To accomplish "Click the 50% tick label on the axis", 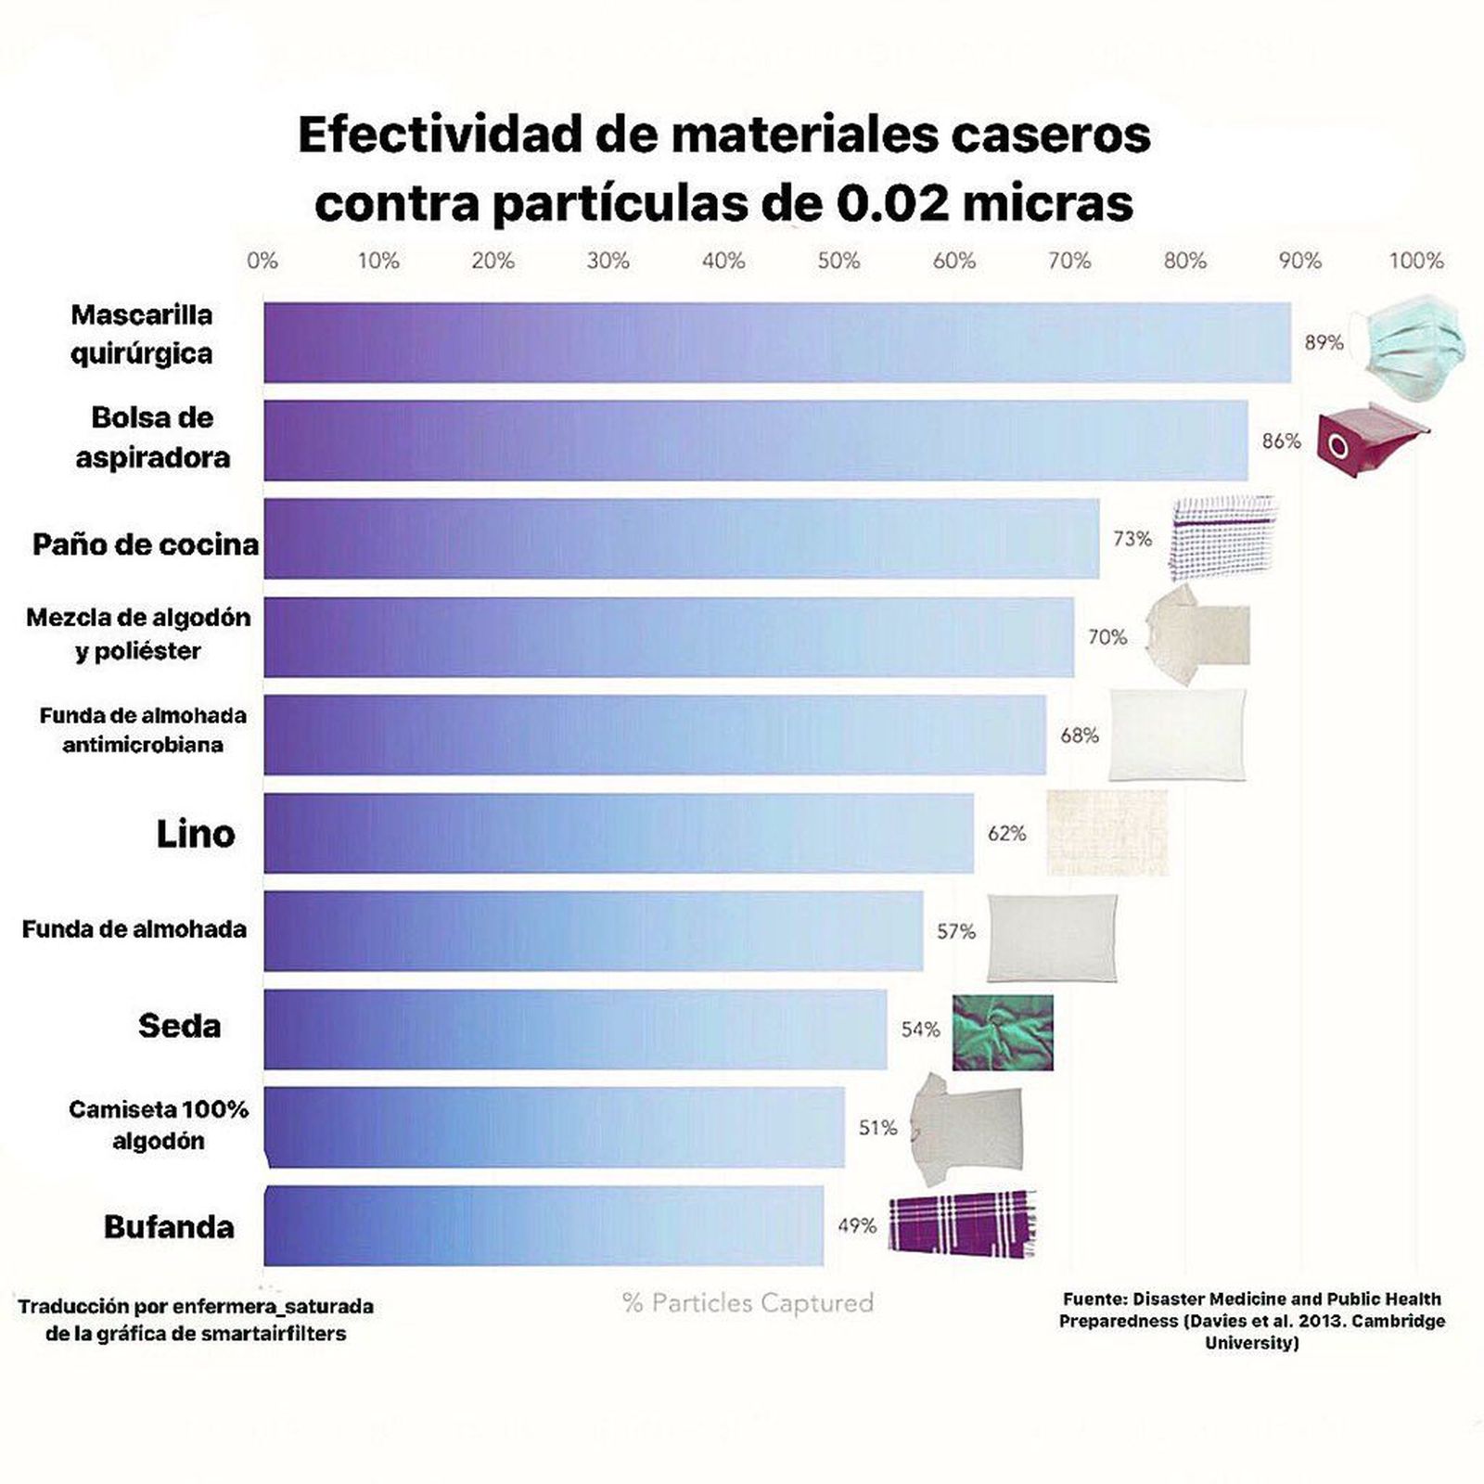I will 838,262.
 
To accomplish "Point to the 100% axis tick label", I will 1415,262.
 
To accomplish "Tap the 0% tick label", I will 262,262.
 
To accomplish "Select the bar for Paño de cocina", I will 682,539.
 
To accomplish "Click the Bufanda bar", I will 544,1225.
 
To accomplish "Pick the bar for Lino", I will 619,833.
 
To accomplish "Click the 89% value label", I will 1324,342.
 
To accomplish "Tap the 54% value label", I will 920,1030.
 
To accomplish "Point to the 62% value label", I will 1006,833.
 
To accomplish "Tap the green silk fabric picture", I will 1003,1032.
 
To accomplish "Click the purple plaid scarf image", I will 962,1224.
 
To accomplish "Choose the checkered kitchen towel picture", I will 1222,538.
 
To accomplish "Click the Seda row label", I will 180,1026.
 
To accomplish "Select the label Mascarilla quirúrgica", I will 142,334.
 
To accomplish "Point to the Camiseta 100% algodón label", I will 159,1125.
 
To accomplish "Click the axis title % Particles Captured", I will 748,1303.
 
